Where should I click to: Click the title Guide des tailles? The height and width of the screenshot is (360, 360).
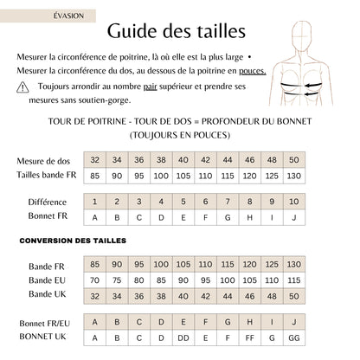pos(176,30)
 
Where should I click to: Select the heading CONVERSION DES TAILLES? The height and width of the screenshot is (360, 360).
pos(72,240)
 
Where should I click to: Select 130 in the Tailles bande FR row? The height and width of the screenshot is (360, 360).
pos(294,176)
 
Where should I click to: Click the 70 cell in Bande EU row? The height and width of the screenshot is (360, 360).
pos(93,280)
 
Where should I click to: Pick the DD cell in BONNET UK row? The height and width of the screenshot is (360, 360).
pos(183,336)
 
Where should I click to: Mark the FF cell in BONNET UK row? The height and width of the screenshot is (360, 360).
pos(250,336)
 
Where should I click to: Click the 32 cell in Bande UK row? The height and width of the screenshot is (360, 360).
pos(93,295)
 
